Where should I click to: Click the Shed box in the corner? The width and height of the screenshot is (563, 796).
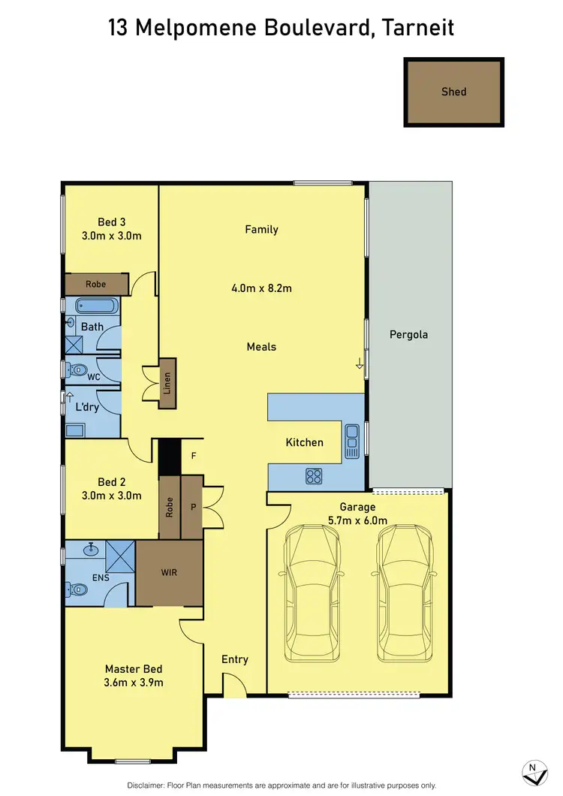454,92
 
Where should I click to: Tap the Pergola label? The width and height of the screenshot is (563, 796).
408,334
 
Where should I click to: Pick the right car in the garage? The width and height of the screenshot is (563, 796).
405,591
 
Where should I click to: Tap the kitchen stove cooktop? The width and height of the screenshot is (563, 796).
313,475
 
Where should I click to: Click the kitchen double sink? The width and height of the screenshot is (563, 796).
351,442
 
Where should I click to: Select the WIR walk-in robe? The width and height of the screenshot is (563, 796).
170,572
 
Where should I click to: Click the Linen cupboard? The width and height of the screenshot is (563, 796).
167,382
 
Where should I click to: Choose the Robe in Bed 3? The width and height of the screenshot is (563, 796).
95,285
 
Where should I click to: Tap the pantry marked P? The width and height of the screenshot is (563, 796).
193,507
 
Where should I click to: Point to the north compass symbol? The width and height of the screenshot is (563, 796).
533,771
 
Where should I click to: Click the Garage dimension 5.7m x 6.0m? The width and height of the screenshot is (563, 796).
357,520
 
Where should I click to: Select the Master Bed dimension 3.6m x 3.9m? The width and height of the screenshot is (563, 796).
134,683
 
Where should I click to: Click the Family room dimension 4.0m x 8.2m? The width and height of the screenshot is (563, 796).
261,288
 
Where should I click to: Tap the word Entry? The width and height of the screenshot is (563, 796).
234,659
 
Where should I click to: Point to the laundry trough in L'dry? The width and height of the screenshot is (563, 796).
75,430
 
